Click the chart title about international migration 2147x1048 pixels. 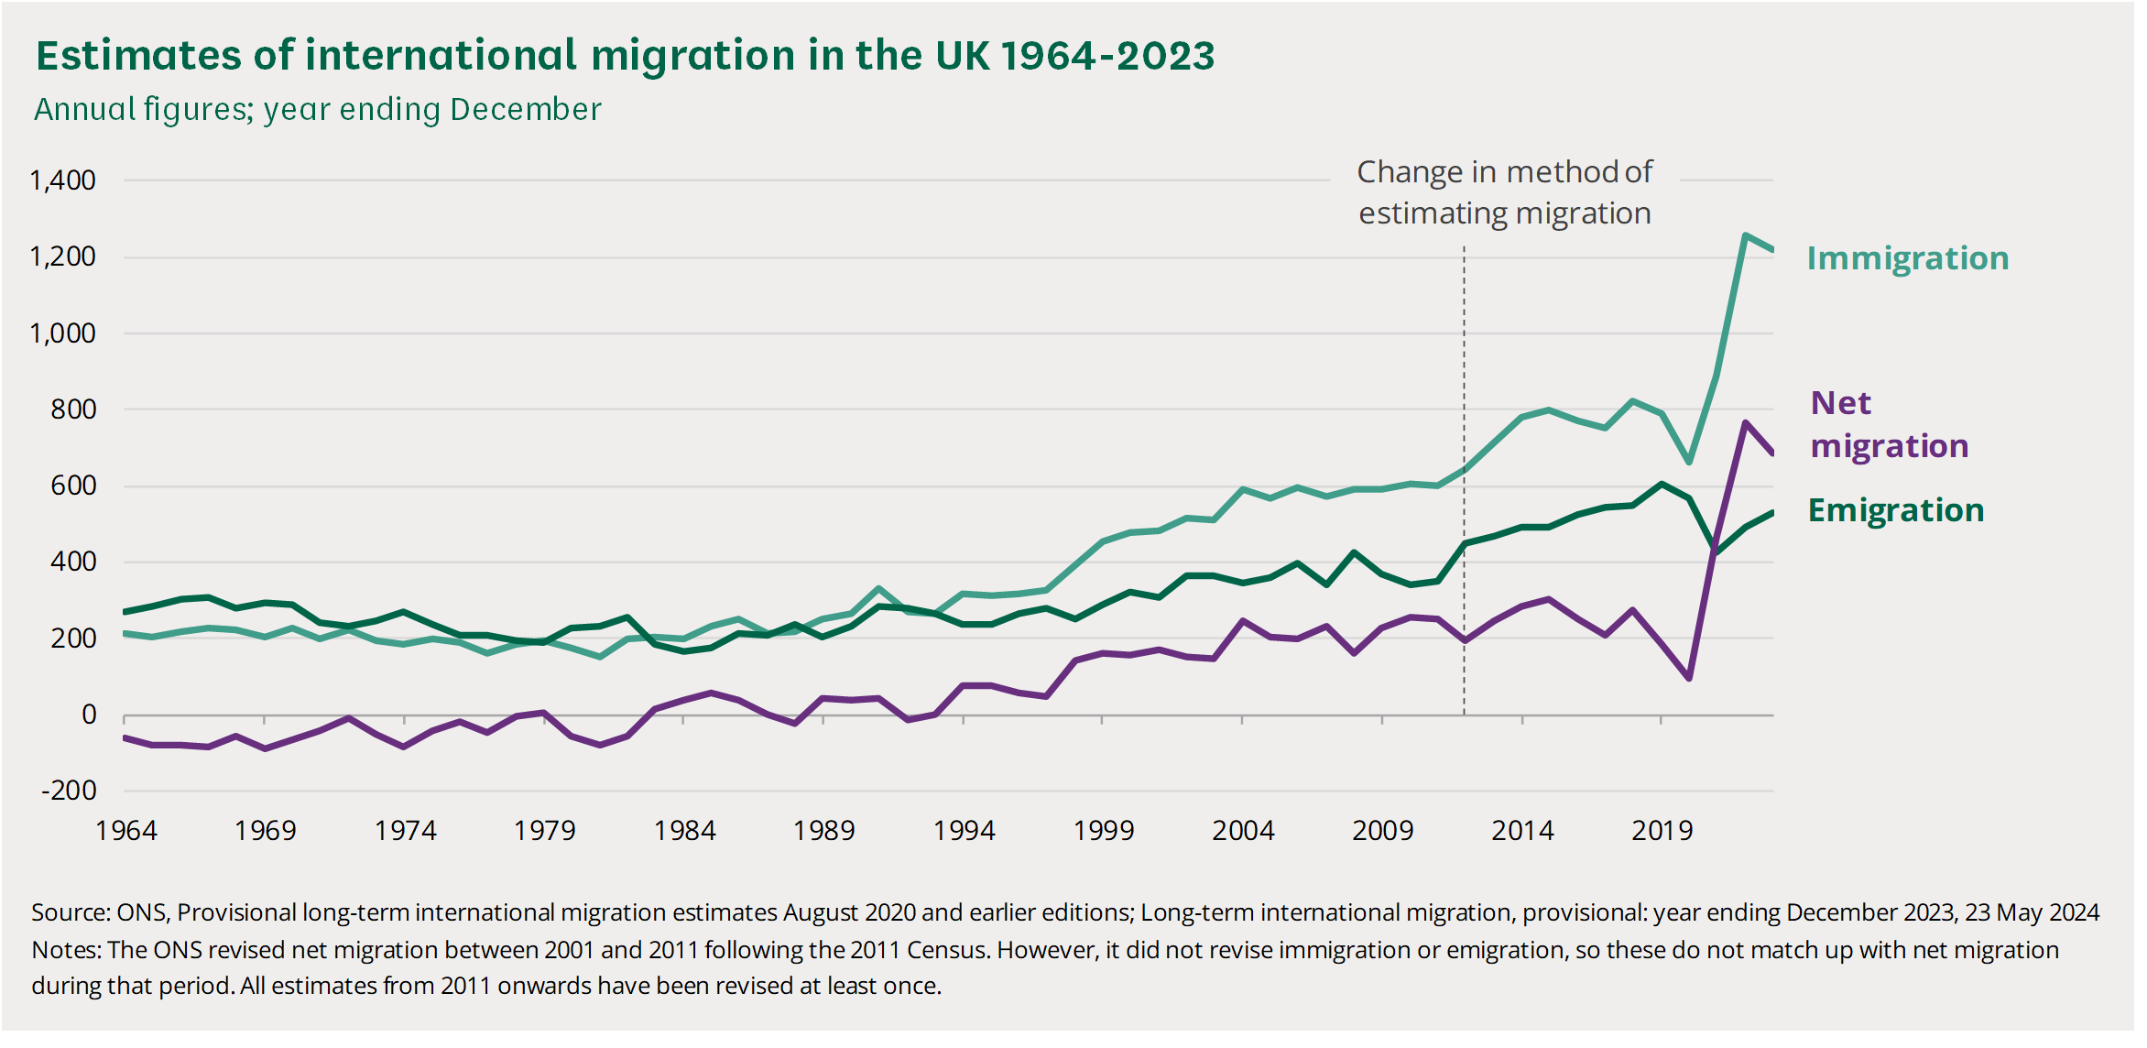point(625,56)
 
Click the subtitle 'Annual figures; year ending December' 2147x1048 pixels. point(318,110)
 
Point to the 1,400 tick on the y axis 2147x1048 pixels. point(62,180)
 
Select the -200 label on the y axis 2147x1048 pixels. point(69,791)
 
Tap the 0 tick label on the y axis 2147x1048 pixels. point(88,715)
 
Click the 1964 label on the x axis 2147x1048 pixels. point(126,831)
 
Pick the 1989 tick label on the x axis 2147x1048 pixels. point(823,831)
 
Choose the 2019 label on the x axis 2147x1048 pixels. point(1662,831)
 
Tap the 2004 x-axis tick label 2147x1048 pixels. point(1243,831)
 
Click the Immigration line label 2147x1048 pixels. point(1908,258)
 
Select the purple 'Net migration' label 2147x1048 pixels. point(1889,424)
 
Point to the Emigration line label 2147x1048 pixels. point(1896,510)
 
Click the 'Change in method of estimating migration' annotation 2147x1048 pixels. point(1504,192)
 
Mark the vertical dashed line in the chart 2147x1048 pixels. point(1464,476)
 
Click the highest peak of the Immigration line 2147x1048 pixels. point(1745,236)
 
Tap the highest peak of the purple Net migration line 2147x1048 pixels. point(1746,422)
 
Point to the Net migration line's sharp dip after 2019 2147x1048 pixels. point(1689,678)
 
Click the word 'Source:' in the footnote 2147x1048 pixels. point(71,913)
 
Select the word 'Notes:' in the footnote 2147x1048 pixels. point(66,950)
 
